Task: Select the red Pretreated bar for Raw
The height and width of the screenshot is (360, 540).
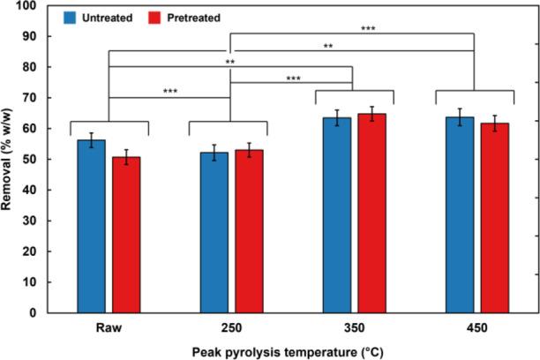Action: (x=125, y=235)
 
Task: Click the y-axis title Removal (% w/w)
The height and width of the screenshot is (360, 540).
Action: (x=10, y=159)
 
